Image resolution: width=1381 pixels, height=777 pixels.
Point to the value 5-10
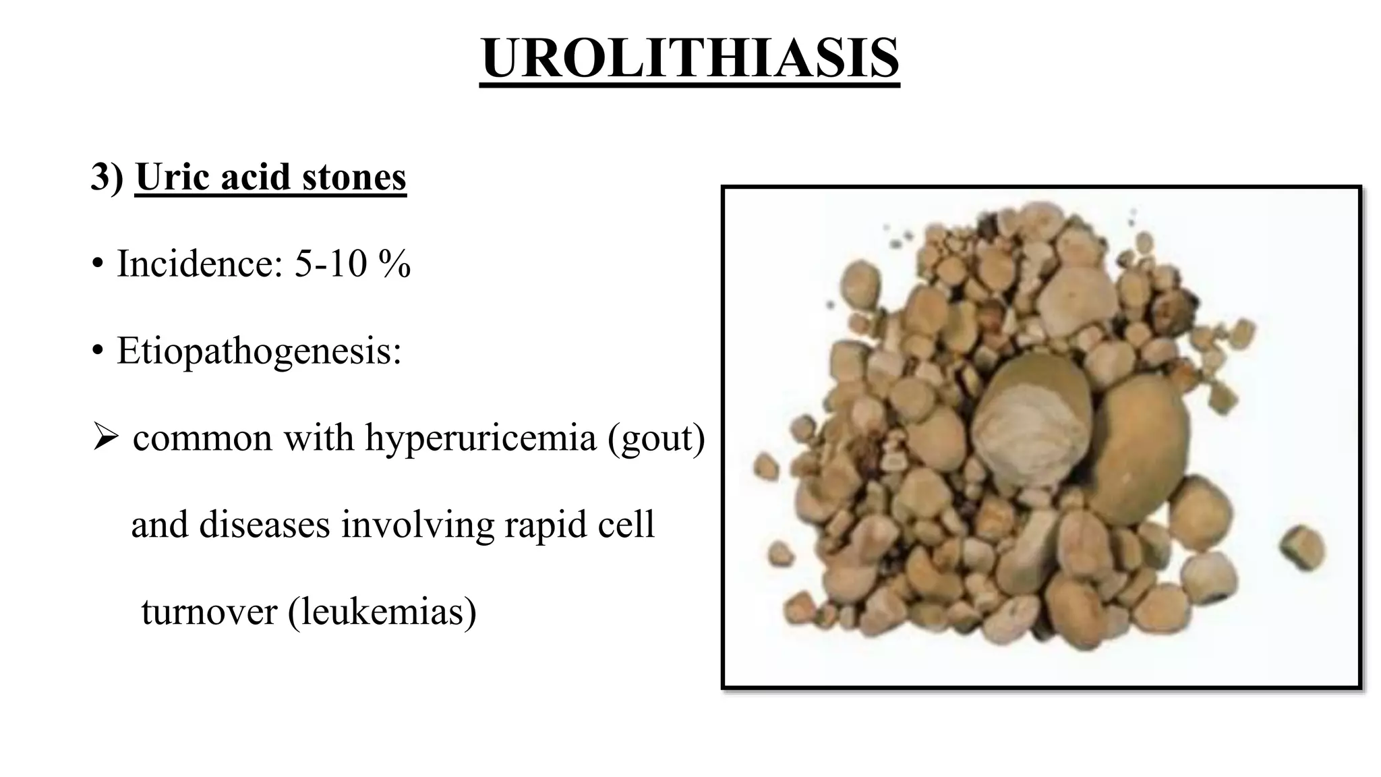pyautogui.click(x=330, y=263)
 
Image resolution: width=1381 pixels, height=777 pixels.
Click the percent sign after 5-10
pyautogui.click(x=394, y=263)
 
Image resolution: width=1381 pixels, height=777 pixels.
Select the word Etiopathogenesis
pyautogui.click(x=259, y=351)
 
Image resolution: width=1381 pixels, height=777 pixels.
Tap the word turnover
pyautogui.click(x=209, y=611)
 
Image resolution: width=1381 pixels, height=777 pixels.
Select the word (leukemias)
pyautogui.click(x=382, y=611)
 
